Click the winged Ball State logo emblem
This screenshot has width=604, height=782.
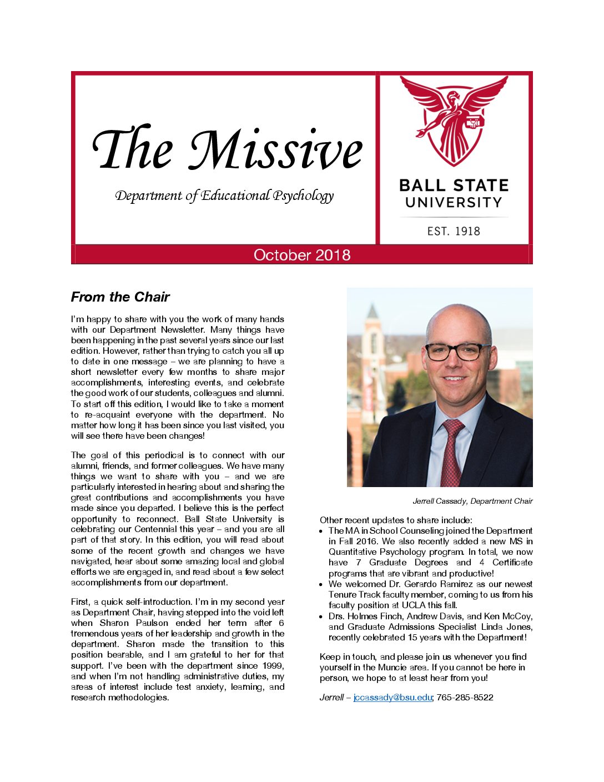(x=454, y=120)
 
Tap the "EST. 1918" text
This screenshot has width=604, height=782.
(x=454, y=231)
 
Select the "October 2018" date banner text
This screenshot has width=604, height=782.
(x=302, y=255)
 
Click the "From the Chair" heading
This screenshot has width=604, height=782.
(x=120, y=297)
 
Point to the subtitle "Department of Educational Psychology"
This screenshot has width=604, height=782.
(x=224, y=195)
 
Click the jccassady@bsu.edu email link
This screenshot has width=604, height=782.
(x=392, y=697)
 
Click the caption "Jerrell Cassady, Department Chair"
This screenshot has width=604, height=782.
(x=472, y=501)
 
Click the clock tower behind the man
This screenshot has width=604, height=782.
(x=373, y=355)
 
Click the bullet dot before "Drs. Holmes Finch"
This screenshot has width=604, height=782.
(x=322, y=616)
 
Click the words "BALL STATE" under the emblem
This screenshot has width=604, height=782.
(x=454, y=185)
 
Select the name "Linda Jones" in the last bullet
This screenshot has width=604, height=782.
(x=509, y=626)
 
